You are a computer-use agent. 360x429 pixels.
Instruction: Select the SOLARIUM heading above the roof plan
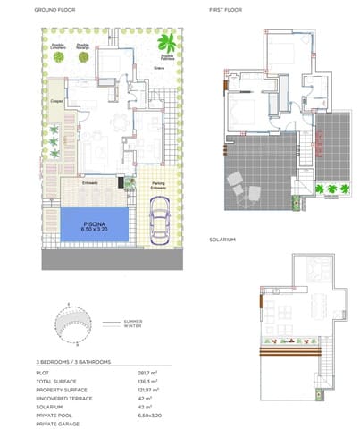222,240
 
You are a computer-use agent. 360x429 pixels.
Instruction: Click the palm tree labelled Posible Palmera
165,42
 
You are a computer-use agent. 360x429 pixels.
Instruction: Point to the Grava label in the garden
158,67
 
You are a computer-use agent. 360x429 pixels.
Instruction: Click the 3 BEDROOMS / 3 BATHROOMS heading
68,360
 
